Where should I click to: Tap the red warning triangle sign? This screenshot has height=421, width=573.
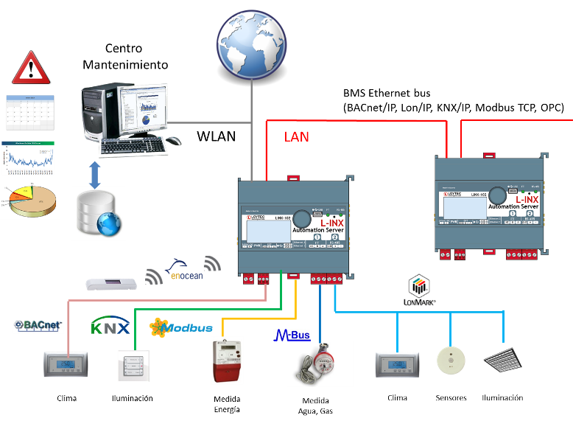point(31,68)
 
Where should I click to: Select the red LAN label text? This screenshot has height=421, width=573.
point(297,137)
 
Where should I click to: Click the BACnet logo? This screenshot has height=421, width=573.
point(38,326)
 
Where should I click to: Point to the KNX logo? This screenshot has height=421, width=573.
point(110,326)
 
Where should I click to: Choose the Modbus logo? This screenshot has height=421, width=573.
point(180,327)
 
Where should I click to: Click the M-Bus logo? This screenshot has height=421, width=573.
point(292,335)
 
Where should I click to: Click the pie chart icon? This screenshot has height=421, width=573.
point(30,200)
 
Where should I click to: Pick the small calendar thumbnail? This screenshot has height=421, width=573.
point(29,112)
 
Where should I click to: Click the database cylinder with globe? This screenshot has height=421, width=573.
point(98,213)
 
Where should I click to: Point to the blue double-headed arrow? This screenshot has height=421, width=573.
point(94,175)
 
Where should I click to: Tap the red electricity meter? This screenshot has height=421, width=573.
point(228,361)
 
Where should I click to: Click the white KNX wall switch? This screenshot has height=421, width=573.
point(133,365)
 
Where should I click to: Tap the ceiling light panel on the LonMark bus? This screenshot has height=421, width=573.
point(503,360)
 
